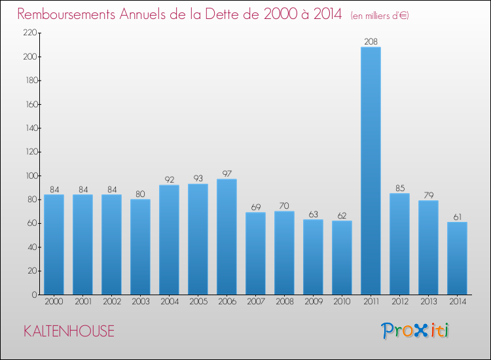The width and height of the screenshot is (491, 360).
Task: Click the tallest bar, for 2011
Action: [371, 171]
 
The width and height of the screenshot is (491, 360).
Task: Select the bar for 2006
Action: [227, 237]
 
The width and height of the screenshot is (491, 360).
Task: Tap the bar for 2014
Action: [457, 259]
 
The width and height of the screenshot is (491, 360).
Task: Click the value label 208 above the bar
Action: [371, 42]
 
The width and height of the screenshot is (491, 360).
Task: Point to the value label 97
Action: [227, 173]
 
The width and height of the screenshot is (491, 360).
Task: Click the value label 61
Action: [457, 217]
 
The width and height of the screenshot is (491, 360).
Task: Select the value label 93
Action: [198, 179]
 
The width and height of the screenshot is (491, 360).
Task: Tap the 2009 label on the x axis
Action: [313, 302]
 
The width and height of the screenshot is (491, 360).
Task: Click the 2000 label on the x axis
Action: [54, 302]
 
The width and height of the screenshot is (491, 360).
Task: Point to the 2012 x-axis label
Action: [399, 302]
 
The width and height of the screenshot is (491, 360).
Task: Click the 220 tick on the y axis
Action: [29, 33]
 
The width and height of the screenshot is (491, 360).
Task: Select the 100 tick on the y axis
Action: [29, 175]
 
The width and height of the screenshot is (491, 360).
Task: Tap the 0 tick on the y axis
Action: [33, 295]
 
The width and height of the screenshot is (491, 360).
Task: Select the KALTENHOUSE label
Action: [69, 331]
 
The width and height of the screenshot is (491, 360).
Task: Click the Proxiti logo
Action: [416, 331]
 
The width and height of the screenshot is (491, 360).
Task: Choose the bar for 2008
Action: [284, 253]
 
